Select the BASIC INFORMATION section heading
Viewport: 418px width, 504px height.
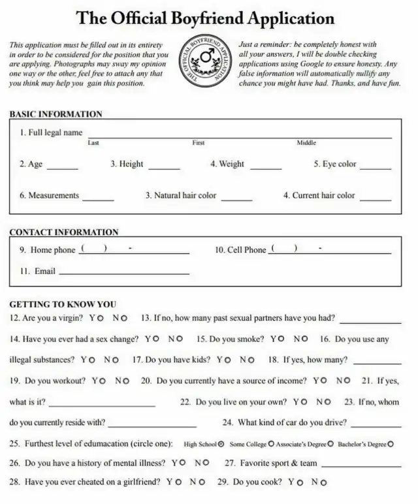56,114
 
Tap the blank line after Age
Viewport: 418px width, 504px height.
63,168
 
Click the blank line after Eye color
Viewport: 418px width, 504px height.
376,168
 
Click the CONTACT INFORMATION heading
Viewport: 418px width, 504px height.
64,232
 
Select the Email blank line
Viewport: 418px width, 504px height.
124,273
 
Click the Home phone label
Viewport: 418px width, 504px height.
53,250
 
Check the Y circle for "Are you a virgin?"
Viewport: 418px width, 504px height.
101,319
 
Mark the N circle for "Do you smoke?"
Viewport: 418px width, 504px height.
304,339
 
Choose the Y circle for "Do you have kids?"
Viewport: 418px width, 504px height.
228,360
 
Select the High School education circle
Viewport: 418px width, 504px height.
221,444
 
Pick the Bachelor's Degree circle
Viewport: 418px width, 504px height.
391,444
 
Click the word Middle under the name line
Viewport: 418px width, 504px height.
306,142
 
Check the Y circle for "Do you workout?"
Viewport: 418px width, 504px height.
103,381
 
